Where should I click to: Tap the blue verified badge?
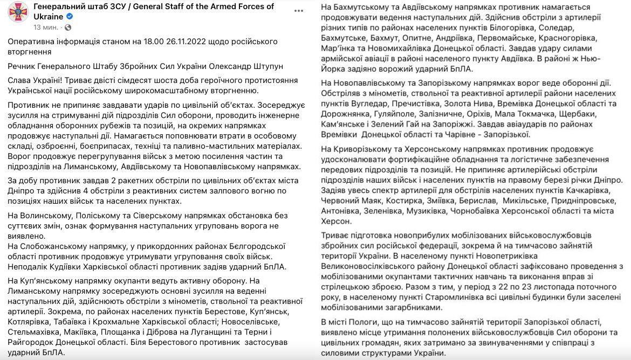(x=70, y=17)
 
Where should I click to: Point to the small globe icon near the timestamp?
(x=68, y=27)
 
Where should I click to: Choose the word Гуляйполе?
(x=392, y=114)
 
